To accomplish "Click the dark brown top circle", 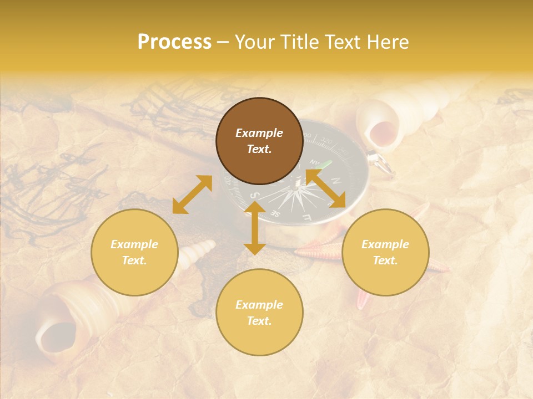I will tap(259, 141).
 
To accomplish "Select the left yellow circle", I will tap(134, 252).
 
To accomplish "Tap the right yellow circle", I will tap(385, 252).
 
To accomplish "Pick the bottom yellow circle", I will tap(259, 312).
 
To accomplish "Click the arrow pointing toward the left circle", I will tap(192, 195).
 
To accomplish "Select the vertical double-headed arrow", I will tap(255, 228).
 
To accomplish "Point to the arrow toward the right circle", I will tap(326, 189).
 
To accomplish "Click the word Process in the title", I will tap(174, 42).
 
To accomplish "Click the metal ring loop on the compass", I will tap(382, 162).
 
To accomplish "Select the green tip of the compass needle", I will tap(328, 164).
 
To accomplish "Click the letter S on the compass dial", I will tap(254, 196).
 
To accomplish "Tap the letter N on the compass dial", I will tap(336, 181).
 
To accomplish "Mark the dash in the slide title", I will tap(223, 42).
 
